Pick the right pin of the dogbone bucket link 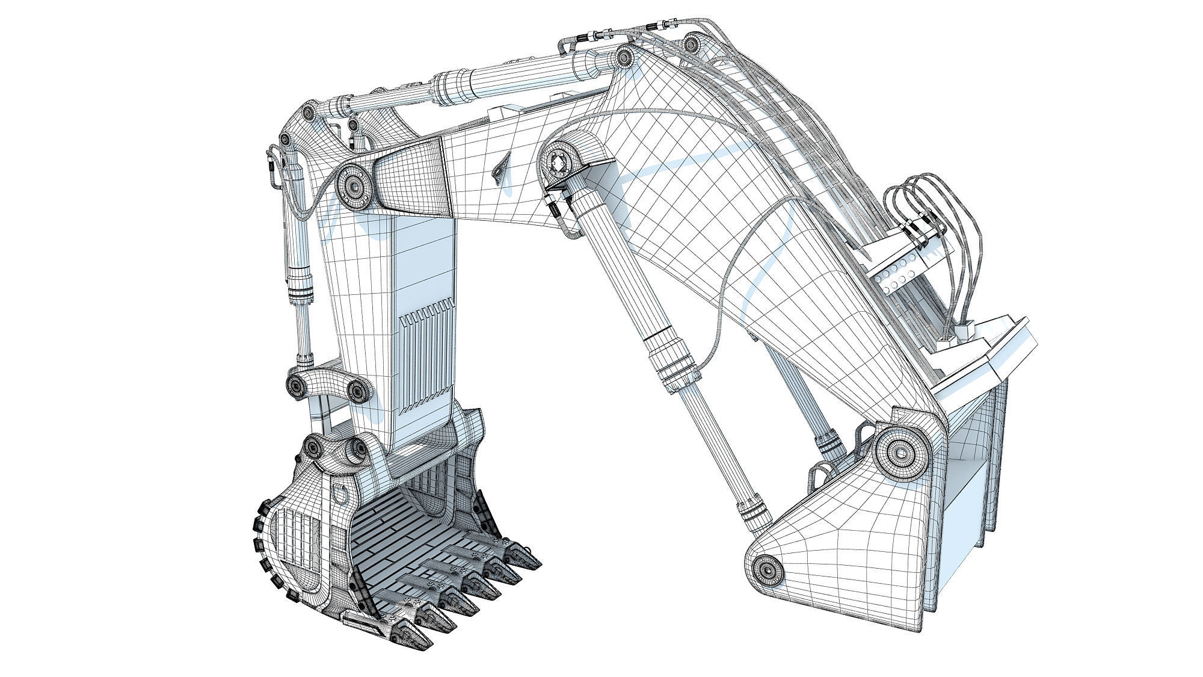click(x=360, y=391)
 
